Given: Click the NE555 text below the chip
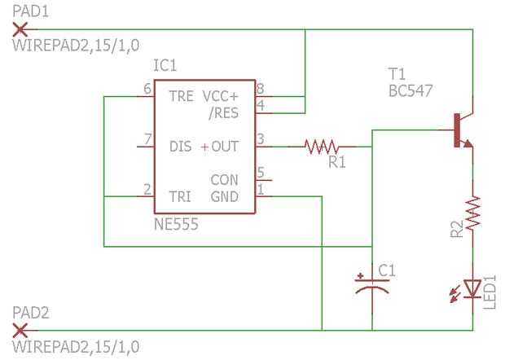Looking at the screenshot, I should [175, 223].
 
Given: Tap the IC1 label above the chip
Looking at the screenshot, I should [165, 64].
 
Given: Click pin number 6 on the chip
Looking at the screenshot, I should [147, 90].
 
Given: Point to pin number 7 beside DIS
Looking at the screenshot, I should [147, 140].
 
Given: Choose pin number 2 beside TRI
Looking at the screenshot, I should [147, 190].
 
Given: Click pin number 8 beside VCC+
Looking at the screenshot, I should [261, 90].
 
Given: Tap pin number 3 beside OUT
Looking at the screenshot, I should [261, 140].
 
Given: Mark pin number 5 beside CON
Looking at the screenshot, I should [261, 172].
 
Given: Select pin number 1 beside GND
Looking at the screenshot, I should [261, 190].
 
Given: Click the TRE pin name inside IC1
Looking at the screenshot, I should [181, 97].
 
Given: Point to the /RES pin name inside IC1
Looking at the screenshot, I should [223, 112].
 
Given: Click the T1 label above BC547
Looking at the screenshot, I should [398, 73].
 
